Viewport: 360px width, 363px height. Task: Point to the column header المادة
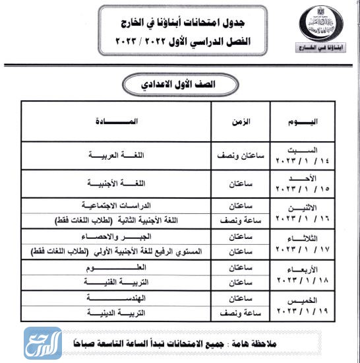pos(117,121)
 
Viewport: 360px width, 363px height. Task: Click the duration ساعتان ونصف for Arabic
pos(241,156)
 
